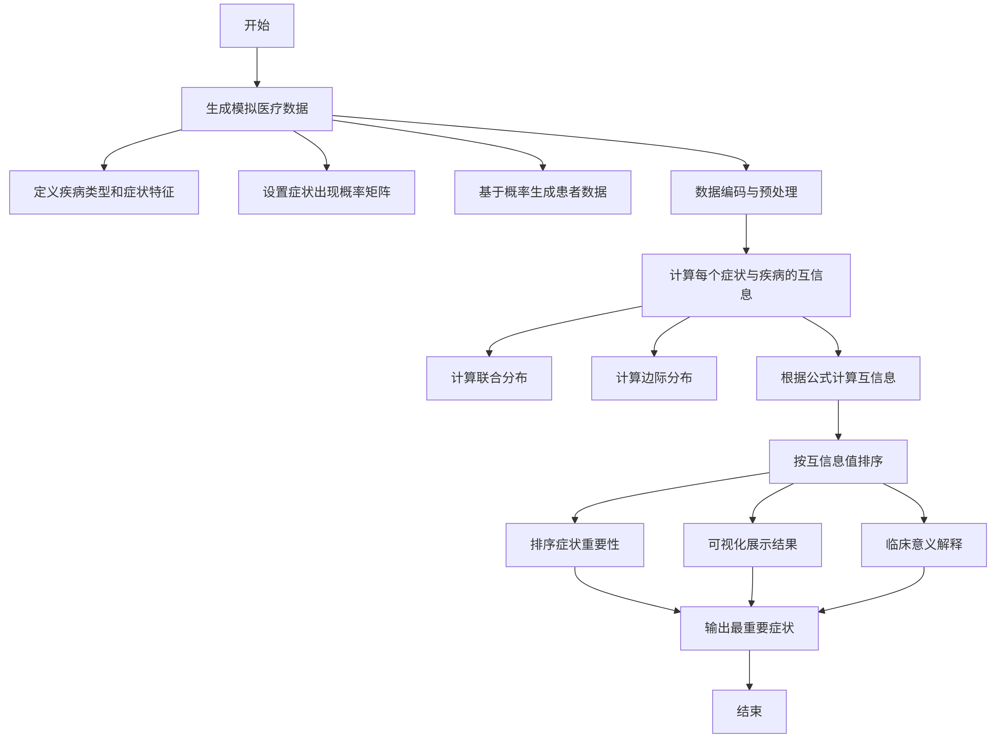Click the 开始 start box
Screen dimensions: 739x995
(x=257, y=26)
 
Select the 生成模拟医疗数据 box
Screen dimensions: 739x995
(x=257, y=109)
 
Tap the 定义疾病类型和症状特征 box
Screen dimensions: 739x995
(x=104, y=192)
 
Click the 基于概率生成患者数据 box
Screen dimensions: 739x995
(x=543, y=192)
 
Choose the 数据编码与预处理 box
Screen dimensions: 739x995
(x=746, y=192)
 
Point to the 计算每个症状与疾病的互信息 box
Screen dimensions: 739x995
(x=746, y=285)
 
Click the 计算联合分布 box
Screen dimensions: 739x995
(x=489, y=378)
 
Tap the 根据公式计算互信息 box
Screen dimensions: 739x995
(x=838, y=378)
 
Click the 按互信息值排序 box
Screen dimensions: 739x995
(x=838, y=461)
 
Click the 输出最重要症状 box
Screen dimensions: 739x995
(x=749, y=628)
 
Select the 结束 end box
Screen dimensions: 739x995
(x=749, y=711)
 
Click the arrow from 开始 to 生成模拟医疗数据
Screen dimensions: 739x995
(x=257, y=67)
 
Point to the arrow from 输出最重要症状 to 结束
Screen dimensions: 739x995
(x=749, y=670)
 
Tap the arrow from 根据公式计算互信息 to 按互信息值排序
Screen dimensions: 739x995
(x=838, y=420)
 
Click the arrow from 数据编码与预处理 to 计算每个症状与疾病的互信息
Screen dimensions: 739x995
(x=746, y=234)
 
